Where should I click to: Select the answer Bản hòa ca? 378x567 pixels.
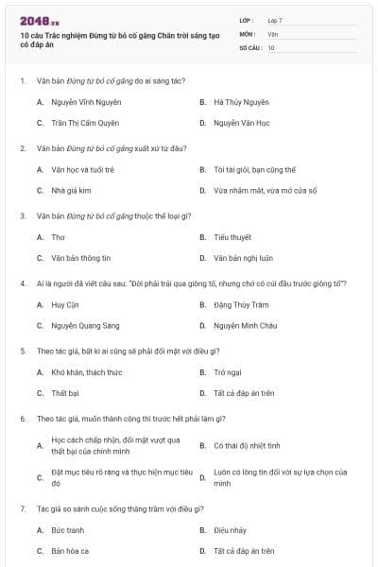70,551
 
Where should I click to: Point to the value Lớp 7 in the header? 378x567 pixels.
275,20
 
